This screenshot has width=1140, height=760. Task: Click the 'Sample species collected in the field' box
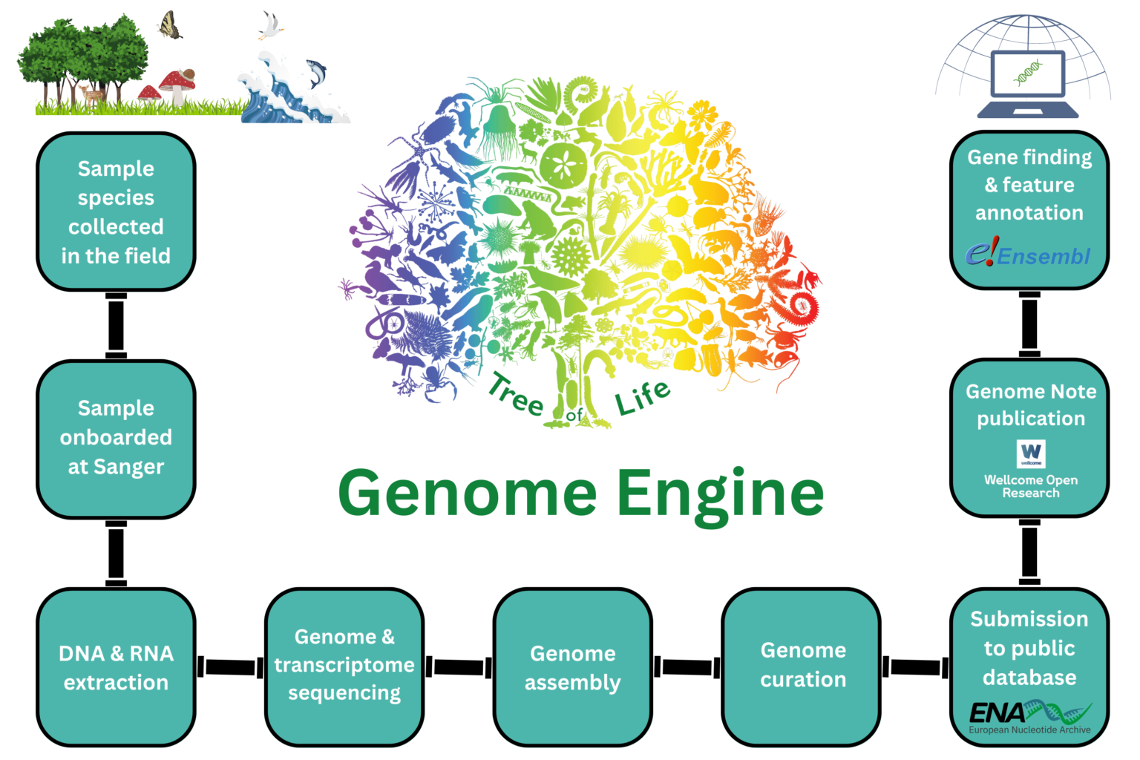click(x=116, y=212)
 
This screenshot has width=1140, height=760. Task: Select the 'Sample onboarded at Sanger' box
click(x=116, y=438)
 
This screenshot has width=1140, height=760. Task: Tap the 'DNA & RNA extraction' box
click(x=116, y=667)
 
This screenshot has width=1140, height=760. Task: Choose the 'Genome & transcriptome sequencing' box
click(x=344, y=665)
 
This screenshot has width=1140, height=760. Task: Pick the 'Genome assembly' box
click(x=572, y=667)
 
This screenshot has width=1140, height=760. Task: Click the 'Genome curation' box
click(x=802, y=664)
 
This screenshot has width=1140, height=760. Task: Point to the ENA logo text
click(x=997, y=713)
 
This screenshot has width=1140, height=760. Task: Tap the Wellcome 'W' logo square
click(x=1030, y=453)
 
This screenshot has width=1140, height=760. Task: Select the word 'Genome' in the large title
click(x=468, y=494)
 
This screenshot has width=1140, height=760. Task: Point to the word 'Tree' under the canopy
click(x=516, y=396)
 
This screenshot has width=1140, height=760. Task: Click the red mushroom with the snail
click(x=178, y=83)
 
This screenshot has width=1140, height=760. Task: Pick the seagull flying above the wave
click(x=270, y=26)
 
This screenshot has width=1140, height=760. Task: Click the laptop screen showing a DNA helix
click(x=1028, y=73)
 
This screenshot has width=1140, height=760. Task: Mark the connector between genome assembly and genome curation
click(x=687, y=666)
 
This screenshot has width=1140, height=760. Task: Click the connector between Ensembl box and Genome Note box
click(x=1029, y=324)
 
